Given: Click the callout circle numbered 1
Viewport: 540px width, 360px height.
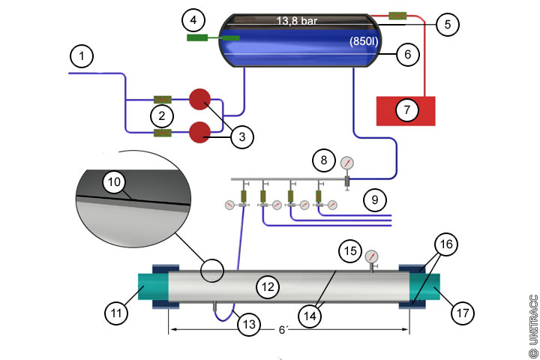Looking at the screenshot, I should coord(82,55).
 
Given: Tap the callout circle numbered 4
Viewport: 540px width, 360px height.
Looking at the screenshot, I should coord(193,17).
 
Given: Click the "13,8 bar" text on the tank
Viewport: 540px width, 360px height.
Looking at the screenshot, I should coord(296,21).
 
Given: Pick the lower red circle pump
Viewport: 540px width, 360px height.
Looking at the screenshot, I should coord(199,132).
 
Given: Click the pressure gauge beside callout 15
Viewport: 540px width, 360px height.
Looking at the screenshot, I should coord(371,256).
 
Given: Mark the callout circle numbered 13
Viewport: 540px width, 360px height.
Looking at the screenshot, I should coord(249,324).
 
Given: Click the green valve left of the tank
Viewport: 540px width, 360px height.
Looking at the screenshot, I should coord(212,37).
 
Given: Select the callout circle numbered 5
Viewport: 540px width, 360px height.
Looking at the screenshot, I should coord(448,24).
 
